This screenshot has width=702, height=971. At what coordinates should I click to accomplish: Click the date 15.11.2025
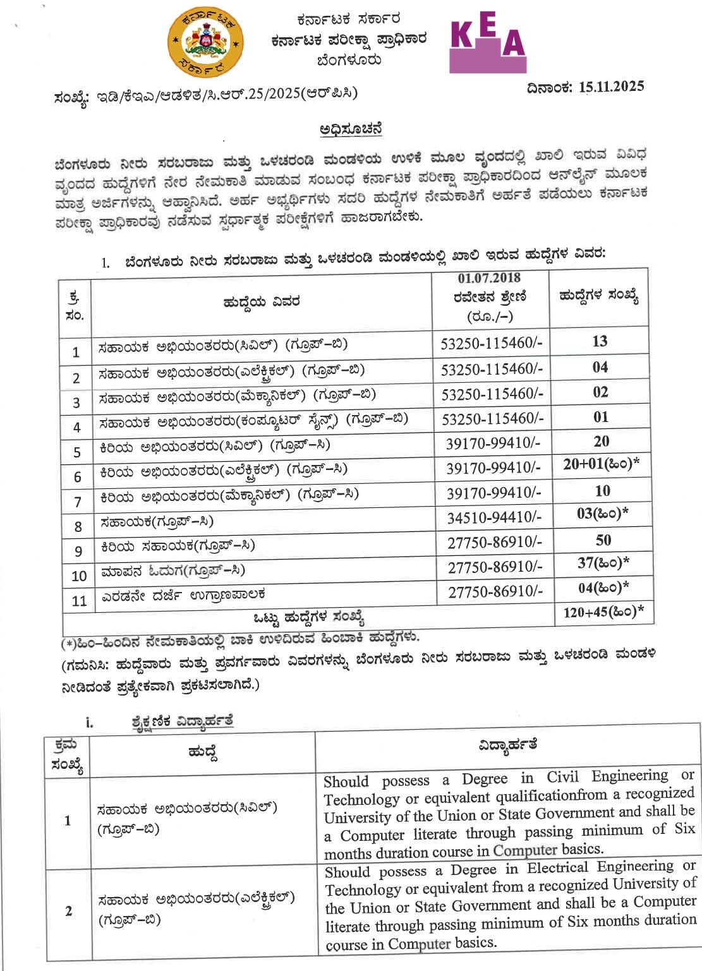tap(611, 87)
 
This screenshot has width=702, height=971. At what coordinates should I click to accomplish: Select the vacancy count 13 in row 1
tap(600, 341)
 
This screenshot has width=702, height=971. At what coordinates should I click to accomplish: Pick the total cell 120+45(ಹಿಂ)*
tap(603, 611)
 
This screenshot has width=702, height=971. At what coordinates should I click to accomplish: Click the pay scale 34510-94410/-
tap(494, 518)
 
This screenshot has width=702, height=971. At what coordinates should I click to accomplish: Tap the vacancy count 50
tap(603, 540)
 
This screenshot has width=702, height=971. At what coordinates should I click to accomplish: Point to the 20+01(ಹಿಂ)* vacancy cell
tap(601, 464)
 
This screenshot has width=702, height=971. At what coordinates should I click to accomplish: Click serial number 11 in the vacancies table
tap(78, 600)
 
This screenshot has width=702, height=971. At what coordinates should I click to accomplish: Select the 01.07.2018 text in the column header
tap(489, 278)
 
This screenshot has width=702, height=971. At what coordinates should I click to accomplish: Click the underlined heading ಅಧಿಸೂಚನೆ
tap(351, 129)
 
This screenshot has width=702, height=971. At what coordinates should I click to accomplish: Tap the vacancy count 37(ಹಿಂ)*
tap(603, 562)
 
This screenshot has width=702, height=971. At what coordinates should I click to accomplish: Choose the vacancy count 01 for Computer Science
tap(600, 417)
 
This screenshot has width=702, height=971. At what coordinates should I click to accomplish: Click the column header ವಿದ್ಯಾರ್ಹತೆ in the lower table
tap(507, 744)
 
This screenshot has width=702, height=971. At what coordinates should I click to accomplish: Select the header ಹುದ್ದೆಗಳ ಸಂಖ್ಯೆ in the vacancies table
tap(598, 296)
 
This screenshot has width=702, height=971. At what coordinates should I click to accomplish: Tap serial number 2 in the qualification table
tap(68, 911)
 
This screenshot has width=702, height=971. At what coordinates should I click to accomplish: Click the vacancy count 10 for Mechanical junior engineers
tap(602, 491)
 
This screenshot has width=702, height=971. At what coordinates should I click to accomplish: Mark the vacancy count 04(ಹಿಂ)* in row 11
tap(603, 588)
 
